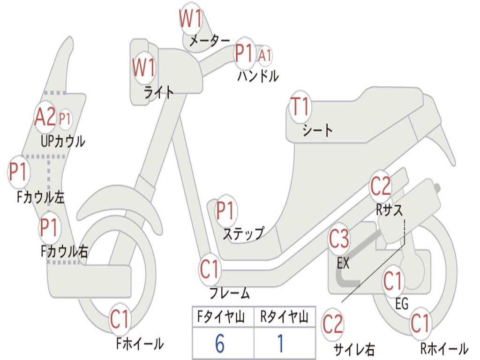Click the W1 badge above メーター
pyautogui.click(x=191, y=19)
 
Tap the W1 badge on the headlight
pyautogui.click(x=143, y=68)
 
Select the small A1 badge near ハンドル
pyautogui.click(x=265, y=55)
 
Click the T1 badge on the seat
pyautogui.click(x=300, y=108)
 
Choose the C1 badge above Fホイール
pyautogui.click(x=120, y=320)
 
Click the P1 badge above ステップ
pyautogui.click(x=225, y=211)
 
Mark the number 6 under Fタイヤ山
pyautogui.click(x=220, y=344)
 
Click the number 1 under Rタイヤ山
pyautogui.click(x=280, y=344)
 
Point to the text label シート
pyautogui.click(x=317, y=130)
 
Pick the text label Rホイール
pyautogui.click(x=444, y=348)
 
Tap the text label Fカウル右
pyautogui.click(x=64, y=252)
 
